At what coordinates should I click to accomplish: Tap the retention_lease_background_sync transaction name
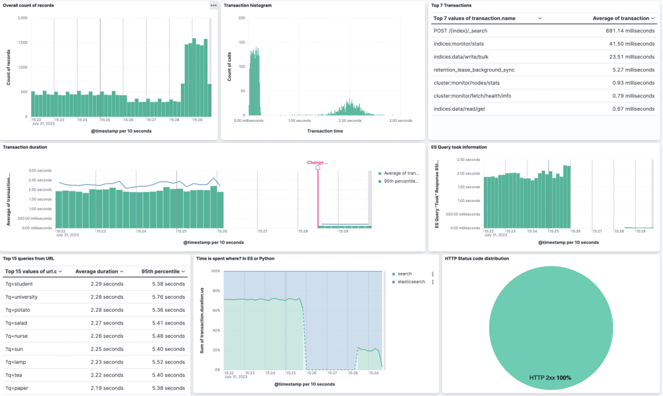(x=474, y=70)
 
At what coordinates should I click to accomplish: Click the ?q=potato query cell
(x=21, y=309)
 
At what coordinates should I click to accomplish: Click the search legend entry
(x=405, y=273)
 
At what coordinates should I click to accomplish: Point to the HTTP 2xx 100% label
(x=550, y=377)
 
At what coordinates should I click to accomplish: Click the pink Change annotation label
(x=318, y=162)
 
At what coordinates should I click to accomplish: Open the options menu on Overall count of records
(x=213, y=5)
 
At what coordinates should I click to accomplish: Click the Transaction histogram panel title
(x=247, y=5)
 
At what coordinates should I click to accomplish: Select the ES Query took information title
(x=458, y=147)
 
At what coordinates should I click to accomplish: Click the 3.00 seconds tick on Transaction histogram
(x=400, y=121)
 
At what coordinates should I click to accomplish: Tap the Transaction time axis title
(x=325, y=131)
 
